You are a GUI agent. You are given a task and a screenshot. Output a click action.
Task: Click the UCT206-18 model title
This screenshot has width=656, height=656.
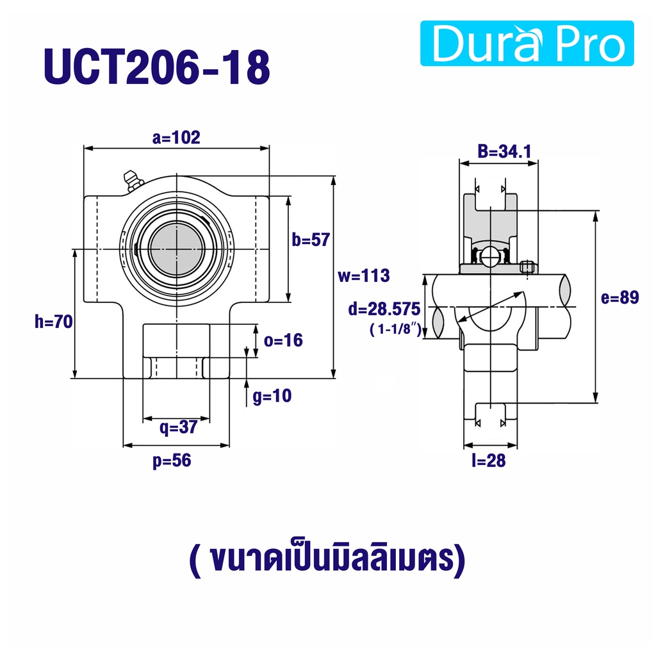[x=157, y=67]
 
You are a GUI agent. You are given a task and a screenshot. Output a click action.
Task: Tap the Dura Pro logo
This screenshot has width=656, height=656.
[x=527, y=43]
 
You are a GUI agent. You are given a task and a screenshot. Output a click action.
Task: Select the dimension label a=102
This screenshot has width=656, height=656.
[x=176, y=137]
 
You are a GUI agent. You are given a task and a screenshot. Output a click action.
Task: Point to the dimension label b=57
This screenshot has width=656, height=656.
[x=311, y=240]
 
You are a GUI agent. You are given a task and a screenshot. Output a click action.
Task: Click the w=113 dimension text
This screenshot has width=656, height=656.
[x=364, y=275]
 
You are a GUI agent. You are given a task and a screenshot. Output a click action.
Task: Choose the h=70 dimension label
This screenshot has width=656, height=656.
[x=54, y=322]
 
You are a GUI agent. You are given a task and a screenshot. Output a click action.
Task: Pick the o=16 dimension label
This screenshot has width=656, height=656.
[x=283, y=340]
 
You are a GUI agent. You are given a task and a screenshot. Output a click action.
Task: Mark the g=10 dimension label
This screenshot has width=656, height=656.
[x=272, y=396]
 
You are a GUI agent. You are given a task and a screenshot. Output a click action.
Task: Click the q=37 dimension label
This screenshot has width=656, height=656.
[x=178, y=427]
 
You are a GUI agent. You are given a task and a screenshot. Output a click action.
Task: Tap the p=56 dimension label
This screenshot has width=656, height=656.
[x=172, y=461]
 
